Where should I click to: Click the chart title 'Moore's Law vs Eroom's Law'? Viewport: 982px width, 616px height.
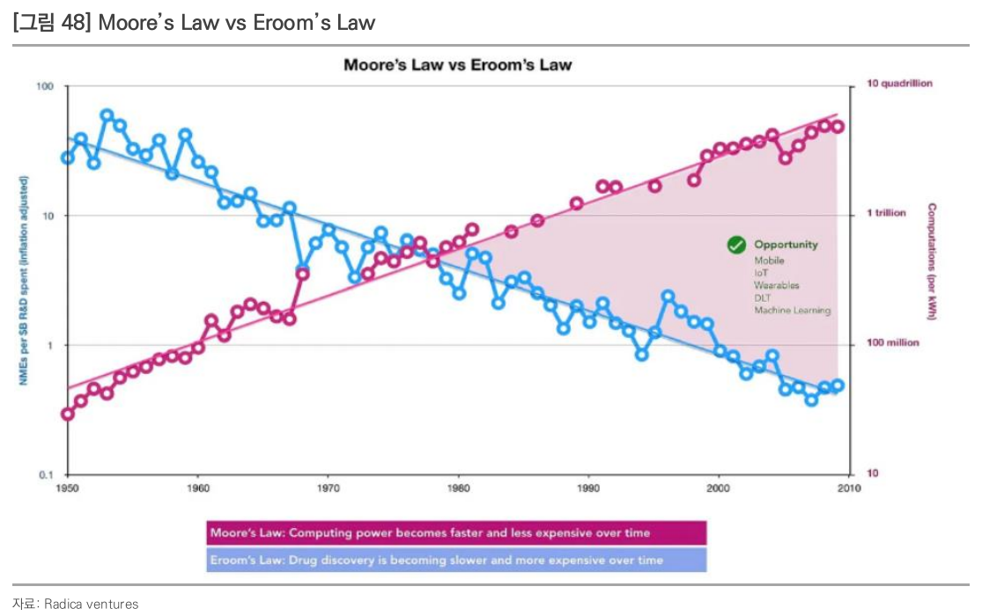[x=457, y=65]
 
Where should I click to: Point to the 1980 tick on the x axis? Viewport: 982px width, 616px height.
[x=457, y=486]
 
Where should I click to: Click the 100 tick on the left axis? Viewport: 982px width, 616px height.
[x=45, y=86]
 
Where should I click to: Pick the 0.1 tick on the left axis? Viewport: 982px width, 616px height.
[x=46, y=474]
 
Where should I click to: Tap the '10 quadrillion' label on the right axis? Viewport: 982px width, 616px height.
[x=899, y=84]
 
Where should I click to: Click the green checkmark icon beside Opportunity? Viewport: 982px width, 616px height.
[x=736, y=246]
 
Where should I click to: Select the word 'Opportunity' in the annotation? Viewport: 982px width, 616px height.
[x=786, y=245]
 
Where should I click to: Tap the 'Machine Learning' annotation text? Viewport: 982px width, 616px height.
[x=792, y=311]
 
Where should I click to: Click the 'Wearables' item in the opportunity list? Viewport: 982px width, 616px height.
[x=776, y=285]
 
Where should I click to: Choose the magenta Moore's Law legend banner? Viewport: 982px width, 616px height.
[x=456, y=532]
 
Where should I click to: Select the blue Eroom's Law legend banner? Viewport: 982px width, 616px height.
[x=456, y=560]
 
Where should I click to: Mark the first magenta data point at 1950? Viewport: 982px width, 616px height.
[x=68, y=414]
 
